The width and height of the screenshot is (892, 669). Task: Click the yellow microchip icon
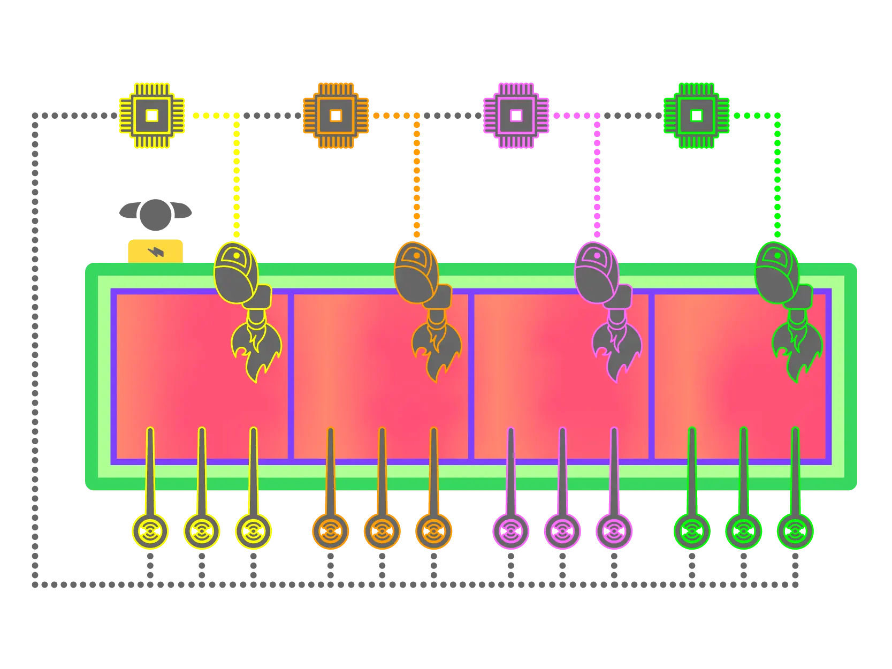pyautogui.click(x=152, y=115)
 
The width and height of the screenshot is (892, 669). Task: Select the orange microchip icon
pyautogui.click(x=336, y=115)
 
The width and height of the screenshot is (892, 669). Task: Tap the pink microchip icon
pyautogui.click(x=516, y=115)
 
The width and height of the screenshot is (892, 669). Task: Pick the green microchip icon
pyautogui.click(x=696, y=115)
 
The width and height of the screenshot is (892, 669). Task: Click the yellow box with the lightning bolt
pyautogui.click(x=155, y=251)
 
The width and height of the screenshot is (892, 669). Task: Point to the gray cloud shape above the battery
pyautogui.click(x=154, y=210)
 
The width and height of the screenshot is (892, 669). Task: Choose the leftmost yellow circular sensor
pyautogui.click(x=150, y=531)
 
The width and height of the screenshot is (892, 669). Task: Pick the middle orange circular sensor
pyautogui.click(x=382, y=531)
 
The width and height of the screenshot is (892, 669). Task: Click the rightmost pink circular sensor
pyautogui.click(x=614, y=531)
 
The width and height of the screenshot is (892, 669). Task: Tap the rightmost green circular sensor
pyautogui.click(x=795, y=531)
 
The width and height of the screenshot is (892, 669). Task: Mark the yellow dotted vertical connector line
pyautogui.click(x=236, y=177)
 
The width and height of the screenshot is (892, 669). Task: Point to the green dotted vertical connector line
pyautogui.click(x=777, y=177)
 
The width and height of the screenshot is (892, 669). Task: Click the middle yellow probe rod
pyautogui.click(x=202, y=471)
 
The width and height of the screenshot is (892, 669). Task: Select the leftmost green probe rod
pyautogui.click(x=692, y=471)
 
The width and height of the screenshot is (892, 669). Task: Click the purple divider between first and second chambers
pyautogui.click(x=291, y=375)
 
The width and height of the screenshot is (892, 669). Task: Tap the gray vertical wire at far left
pyautogui.click(x=35, y=348)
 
